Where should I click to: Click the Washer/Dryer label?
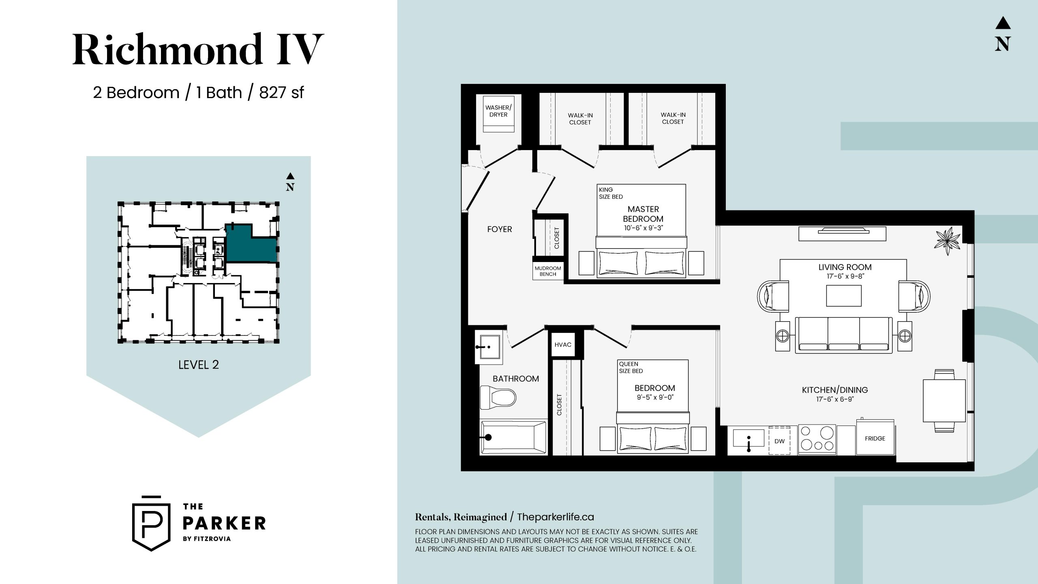click(x=498, y=111)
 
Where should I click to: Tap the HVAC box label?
click(x=563, y=345)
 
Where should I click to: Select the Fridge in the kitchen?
click(x=875, y=438)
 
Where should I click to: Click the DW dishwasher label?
click(x=779, y=441)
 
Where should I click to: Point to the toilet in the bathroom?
click(x=498, y=397)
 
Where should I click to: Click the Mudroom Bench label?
click(x=548, y=271)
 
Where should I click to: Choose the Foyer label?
click(x=500, y=229)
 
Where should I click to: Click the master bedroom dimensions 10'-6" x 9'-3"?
click(x=643, y=228)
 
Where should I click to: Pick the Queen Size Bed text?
click(x=631, y=367)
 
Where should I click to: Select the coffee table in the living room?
click(x=844, y=296)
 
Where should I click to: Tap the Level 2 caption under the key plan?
click(x=199, y=365)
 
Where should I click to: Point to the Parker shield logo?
click(x=152, y=524)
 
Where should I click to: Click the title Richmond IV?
click(x=198, y=49)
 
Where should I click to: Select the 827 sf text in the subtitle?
click(x=281, y=92)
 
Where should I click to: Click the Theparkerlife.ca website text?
click(x=555, y=517)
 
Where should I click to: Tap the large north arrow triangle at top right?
click(x=1003, y=23)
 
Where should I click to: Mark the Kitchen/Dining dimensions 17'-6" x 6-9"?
click(x=835, y=399)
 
